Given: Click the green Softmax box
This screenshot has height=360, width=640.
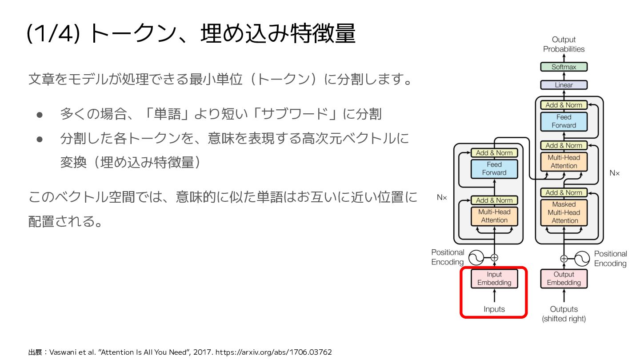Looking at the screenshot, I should click(x=564, y=67).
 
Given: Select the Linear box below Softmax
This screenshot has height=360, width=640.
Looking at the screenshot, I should click(x=564, y=85).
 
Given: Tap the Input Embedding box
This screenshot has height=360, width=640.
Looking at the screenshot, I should click(x=494, y=279).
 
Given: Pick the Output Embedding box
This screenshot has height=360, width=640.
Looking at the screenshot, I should click(x=564, y=279).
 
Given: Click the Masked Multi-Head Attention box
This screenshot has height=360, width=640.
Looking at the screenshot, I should click(x=564, y=212).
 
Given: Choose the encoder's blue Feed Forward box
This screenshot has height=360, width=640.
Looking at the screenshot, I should click(x=494, y=168).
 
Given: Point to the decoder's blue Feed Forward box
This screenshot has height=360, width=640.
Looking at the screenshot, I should click(x=564, y=121).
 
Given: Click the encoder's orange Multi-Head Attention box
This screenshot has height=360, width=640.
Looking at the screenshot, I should click(x=494, y=216).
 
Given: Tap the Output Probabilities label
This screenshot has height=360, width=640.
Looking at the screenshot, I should click(x=564, y=44).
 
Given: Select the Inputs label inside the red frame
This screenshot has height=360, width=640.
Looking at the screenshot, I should click(x=494, y=309).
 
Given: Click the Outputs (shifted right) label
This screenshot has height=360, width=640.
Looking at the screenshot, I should click(x=564, y=314).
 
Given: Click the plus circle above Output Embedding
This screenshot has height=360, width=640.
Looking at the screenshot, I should click(x=564, y=258).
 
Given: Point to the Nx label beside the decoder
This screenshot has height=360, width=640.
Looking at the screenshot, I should click(x=614, y=173).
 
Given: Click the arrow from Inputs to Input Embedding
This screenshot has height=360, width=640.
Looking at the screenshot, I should click(x=494, y=296).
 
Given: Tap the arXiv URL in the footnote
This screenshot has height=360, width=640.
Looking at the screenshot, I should click(x=273, y=352).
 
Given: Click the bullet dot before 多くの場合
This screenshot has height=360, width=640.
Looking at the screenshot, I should click(x=39, y=115).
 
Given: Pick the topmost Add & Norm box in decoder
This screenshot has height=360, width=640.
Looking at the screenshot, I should click(x=564, y=105).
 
